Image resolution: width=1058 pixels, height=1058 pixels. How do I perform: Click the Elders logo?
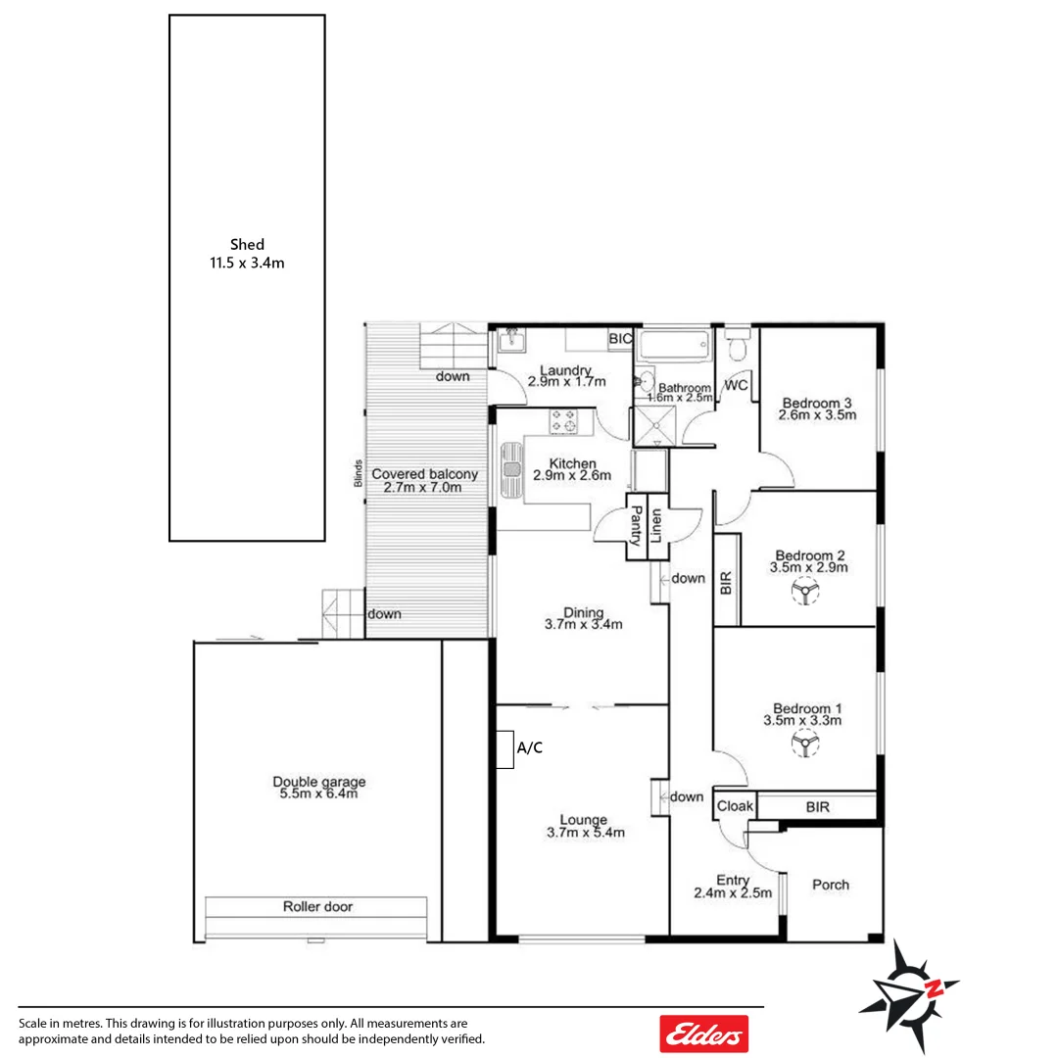tap(703, 1034)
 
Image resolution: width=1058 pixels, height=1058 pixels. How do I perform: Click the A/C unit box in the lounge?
tap(505, 749)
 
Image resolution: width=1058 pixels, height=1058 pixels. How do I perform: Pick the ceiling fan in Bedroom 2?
tap(805, 595)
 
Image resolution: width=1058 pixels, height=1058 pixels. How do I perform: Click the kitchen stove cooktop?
tap(564, 421)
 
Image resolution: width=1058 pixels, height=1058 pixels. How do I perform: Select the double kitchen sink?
tap(512, 472)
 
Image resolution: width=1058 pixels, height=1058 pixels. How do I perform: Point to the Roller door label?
tap(317, 907)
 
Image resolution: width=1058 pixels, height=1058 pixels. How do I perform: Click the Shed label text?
tap(247, 245)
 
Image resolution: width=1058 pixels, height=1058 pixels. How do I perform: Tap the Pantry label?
tap(636, 525)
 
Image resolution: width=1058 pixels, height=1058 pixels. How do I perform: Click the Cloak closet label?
tap(735, 806)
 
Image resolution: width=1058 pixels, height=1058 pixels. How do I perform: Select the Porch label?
tap(831, 885)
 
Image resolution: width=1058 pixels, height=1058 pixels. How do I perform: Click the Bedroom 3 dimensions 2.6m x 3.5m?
tap(817, 414)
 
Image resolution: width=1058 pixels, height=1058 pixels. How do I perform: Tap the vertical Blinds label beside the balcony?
tap(360, 474)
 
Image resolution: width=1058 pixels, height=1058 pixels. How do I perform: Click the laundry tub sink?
tap(510, 342)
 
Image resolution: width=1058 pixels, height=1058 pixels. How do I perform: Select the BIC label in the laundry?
tap(620, 339)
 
